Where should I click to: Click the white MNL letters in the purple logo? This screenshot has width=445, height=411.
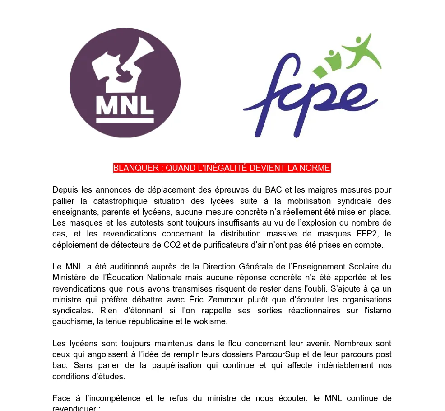tap(125, 105)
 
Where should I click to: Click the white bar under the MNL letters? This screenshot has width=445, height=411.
tap(125, 120)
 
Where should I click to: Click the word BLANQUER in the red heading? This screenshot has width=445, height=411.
tap(135, 168)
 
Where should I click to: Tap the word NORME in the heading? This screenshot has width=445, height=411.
tap(316, 168)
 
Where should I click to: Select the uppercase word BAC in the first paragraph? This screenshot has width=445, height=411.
tap(273, 190)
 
